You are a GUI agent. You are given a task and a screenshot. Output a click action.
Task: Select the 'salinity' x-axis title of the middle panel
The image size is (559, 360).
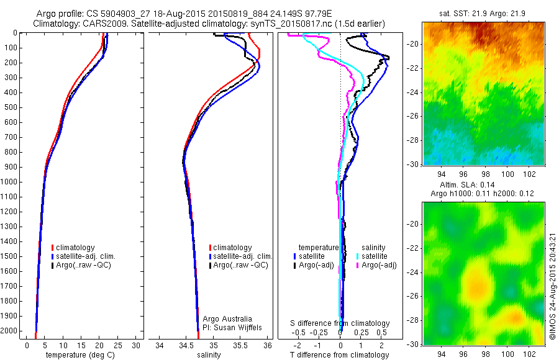pos(209,355)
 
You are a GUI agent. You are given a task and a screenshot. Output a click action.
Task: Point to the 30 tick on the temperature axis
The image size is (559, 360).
pos(136,344)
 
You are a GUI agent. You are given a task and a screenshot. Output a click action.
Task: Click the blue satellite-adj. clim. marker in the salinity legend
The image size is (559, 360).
pos(210,256)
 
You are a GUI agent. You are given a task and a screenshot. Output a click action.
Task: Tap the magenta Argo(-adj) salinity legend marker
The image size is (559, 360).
pos(358,265)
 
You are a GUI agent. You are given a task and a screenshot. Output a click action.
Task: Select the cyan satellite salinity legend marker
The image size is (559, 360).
pos(358,256)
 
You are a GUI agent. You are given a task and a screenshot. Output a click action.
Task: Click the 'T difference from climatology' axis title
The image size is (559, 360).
pos(340,355)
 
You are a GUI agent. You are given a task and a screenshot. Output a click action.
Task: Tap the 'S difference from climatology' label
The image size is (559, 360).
pos(340,323)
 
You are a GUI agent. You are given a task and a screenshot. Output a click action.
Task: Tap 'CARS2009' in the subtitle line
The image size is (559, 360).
pos(101,24)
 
